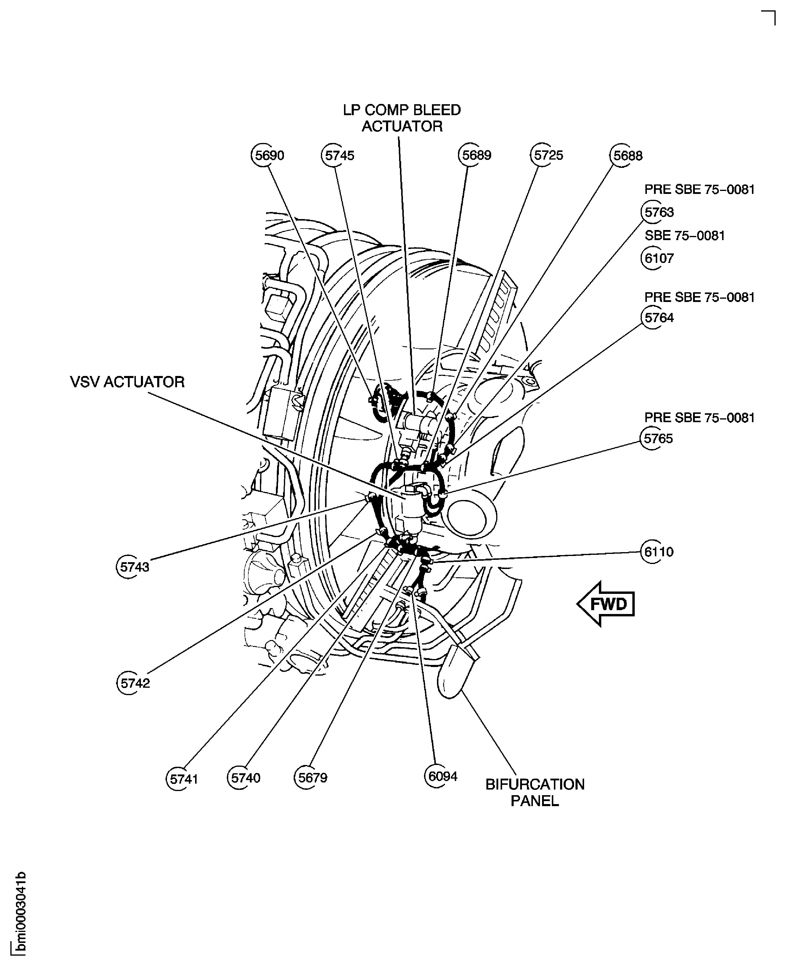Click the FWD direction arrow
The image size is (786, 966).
click(606, 604)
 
